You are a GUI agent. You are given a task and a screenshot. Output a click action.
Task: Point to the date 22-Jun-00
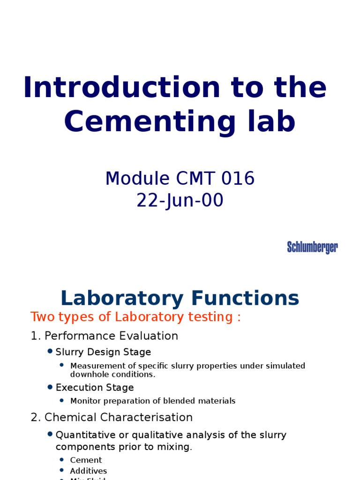coord(180,201)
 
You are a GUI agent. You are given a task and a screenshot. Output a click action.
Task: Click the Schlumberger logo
coord(312,247)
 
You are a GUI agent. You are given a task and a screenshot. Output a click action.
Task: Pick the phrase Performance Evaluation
coord(111,336)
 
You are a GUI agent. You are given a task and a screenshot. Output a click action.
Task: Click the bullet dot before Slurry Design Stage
coord(50,351)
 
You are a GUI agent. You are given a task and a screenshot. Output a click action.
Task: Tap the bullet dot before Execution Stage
coord(50,387)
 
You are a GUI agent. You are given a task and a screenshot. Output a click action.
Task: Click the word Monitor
coord(85,401)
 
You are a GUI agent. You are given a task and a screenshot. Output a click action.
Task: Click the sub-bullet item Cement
coord(86,460)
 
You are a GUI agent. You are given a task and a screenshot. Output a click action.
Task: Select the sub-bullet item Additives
coord(88,471)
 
